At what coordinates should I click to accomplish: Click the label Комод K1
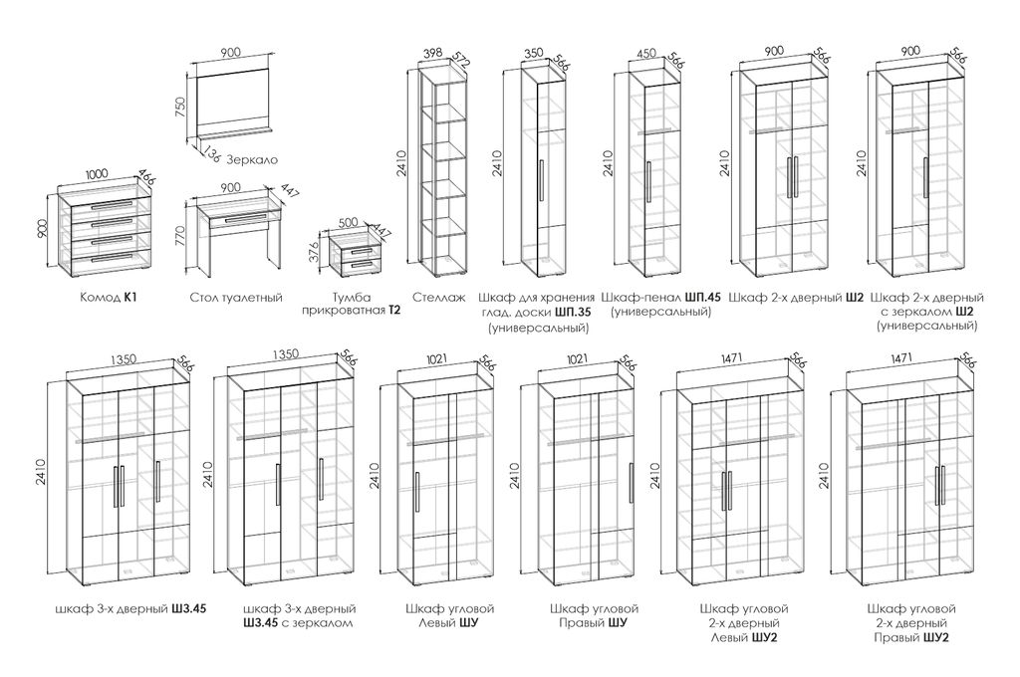point(109,298)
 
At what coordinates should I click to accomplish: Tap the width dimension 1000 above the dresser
point(97,173)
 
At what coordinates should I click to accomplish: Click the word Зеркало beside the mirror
point(252,160)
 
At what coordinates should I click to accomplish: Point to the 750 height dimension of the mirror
point(181,107)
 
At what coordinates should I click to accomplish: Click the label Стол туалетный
point(237,298)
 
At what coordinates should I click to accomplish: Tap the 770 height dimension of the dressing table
point(180,234)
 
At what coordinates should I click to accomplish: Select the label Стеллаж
point(438,298)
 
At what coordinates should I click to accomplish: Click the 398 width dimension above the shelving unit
point(432,53)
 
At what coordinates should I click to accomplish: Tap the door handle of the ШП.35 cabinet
point(541,179)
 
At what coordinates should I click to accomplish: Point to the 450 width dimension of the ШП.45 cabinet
point(645,53)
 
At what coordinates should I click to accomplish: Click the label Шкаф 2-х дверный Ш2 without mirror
point(796,298)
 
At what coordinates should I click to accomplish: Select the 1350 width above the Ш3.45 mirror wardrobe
point(286,353)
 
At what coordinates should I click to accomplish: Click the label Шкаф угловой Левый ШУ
point(449,616)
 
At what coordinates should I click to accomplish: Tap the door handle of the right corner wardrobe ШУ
point(630,482)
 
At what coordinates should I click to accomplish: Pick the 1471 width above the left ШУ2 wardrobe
point(733,358)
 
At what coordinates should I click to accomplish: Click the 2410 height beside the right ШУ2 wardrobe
point(824,476)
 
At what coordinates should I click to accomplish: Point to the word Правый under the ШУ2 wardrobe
point(896,637)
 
